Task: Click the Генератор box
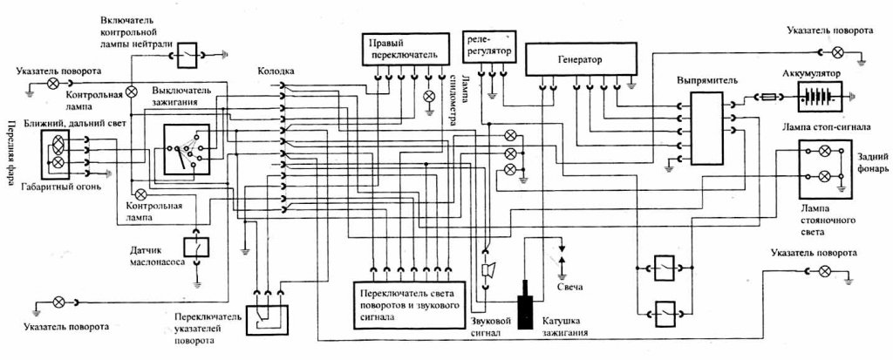tap(579, 60)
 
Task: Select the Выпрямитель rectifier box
tap(706, 127)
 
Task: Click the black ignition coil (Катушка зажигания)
tap(524, 304)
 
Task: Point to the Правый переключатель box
tap(398, 49)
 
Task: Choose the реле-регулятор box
tap(487, 47)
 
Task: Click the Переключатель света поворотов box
tap(410, 305)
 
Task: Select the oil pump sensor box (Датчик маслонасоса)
tap(196, 247)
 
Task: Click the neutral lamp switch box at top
tap(188, 55)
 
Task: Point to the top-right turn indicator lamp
tap(838, 52)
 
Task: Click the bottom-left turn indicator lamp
tap(58, 302)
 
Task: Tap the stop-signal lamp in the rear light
tap(823, 151)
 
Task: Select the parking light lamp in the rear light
tap(823, 176)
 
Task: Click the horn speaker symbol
tap(487, 269)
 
